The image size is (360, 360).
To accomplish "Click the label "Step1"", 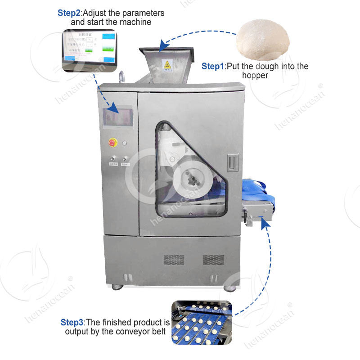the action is click(x=212, y=67).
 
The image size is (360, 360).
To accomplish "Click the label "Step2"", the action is click(x=69, y=13).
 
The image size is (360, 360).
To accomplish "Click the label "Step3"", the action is click(x=72, y=323).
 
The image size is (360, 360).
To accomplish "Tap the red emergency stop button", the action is click(x=111, y=143).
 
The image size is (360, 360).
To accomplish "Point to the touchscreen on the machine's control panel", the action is click(x=118, y=117).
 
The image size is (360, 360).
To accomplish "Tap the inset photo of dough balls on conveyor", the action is click(x=202, y=322).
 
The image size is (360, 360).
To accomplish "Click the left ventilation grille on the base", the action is click(x=174, y=260).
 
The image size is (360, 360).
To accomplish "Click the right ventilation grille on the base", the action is click(x=213, y=260).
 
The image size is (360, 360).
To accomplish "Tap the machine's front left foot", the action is click(x=117, y=286).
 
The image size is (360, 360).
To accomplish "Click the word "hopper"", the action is click(x=255, y=76).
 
